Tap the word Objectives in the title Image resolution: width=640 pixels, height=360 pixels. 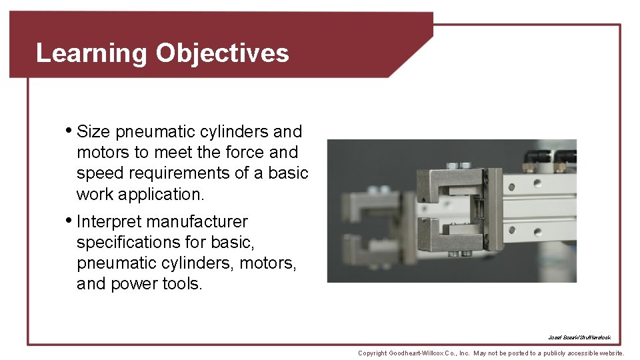click(x=223, y=53)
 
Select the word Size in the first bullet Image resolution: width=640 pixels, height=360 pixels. click(x=93, y=131)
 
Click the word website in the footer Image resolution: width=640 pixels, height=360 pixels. click(x=607, y=353)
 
